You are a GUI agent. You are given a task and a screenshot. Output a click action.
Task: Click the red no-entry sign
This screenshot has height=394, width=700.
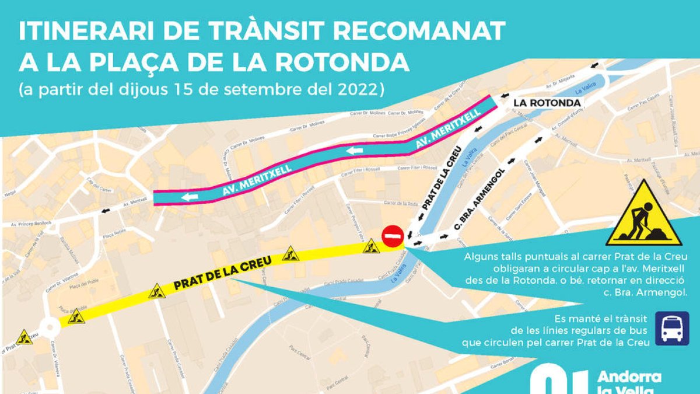click(x=393, y=236)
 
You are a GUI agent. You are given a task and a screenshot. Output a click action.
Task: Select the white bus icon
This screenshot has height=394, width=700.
click(x=672, y=327)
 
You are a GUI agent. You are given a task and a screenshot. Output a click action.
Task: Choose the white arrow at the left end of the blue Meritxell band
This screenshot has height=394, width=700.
click(x=188, y=197)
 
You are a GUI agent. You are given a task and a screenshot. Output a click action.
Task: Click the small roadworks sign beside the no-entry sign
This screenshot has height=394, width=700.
click(x=370, y=247)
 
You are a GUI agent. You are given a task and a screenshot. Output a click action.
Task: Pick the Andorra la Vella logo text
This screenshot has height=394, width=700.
click(x=629, y=382)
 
